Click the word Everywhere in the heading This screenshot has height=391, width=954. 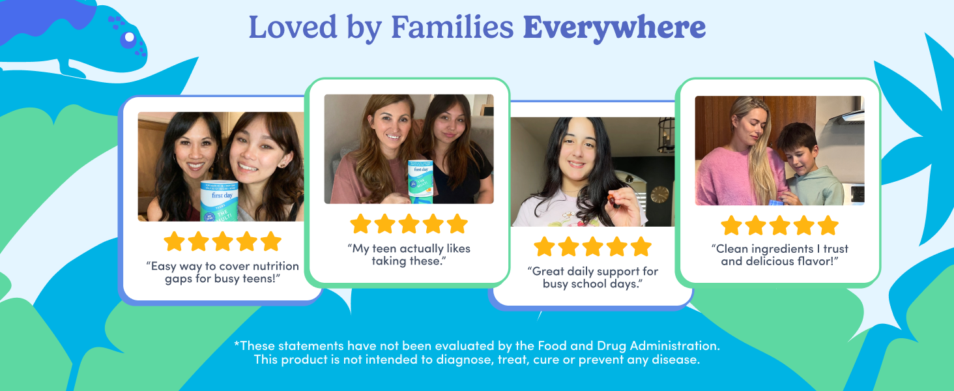(614, 27)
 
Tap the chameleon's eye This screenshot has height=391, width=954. (129, 37)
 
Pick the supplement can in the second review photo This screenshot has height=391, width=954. (421, 179)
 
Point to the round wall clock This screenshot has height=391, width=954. (659, 194)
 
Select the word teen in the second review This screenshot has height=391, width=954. (392, 248)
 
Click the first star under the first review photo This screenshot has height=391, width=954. (174, 242)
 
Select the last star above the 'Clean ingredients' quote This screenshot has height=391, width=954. (828, 225)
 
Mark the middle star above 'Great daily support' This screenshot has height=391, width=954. (592, 246)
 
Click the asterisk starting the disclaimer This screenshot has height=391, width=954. (237, 344)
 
